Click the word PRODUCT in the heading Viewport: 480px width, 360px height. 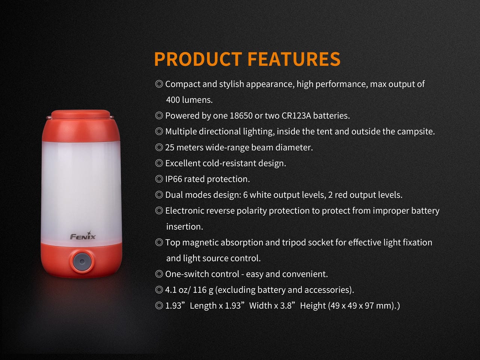(198, 59)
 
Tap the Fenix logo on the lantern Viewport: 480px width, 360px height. (83, 236)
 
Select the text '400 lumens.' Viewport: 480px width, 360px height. (189, 100)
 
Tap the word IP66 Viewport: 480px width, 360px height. (174, 179)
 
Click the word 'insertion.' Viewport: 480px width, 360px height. (184, 227)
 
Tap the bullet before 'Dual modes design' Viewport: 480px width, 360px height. (159, 195)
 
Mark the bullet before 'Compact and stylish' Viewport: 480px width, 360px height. (159, 84)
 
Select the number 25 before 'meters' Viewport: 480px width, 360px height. (170, 148)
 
